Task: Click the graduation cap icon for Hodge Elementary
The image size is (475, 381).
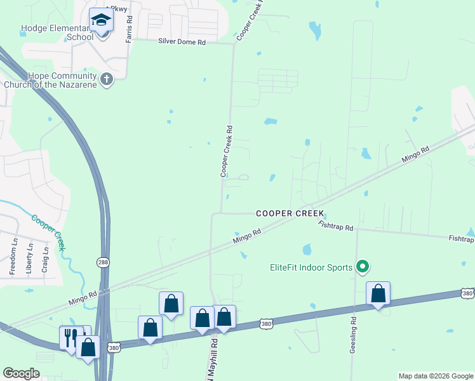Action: click(101, 20)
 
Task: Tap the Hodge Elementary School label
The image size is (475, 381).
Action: click(57, 32)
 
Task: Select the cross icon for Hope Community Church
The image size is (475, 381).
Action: click(107, 79)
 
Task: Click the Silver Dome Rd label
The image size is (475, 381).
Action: click(182, 42)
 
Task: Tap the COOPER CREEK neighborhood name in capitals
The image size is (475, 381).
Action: click(290, 214)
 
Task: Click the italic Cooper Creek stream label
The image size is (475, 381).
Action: click(48, 231)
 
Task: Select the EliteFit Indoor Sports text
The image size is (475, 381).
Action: click(309, 267)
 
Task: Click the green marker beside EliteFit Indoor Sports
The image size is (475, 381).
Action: click(363, 267)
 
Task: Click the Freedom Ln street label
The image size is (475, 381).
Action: click(13, 255)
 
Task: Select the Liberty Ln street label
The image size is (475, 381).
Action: click(29, 257)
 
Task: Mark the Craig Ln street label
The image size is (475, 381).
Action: click(44, 260)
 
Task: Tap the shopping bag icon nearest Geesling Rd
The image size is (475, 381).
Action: click(378, 293)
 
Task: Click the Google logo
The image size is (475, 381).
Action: click(21, 373)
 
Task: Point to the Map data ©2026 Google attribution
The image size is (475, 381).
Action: click(436, 376)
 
